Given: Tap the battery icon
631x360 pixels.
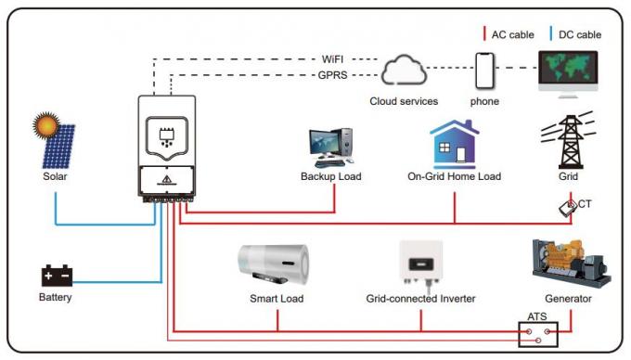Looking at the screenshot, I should click(56, 276).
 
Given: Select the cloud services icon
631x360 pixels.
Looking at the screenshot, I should click(404, 71).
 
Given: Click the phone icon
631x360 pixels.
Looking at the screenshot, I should click(484, 71).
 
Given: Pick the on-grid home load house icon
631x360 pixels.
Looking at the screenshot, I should click(454, 144).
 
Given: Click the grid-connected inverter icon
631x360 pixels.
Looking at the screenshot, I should click(419, 264).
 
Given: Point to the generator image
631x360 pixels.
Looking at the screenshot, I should click(567, 264).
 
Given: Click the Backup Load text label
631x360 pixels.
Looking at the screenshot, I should click(330, 176).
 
